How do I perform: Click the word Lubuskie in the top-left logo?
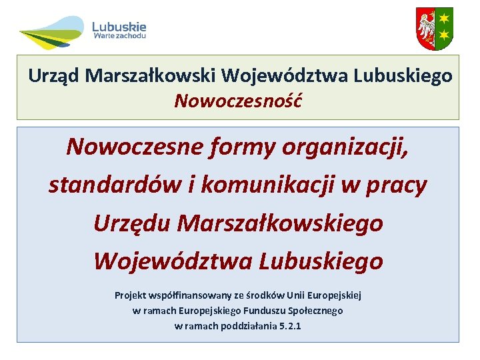119,27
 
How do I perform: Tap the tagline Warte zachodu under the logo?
120,37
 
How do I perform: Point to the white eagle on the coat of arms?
426,29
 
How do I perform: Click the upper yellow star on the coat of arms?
443,18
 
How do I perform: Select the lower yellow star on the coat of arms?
443,37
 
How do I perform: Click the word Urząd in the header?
51,76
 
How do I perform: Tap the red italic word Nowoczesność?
238,101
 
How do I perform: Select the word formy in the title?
241,146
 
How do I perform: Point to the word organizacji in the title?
346,146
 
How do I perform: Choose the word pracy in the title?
396,185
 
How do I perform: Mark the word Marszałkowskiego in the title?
281,223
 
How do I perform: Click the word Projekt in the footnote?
130,295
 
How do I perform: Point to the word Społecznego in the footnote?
317,310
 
